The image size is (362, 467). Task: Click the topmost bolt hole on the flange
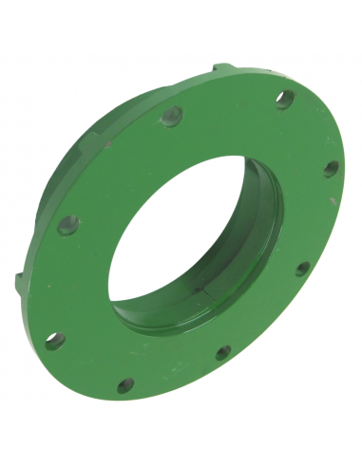click(x=283, y=99)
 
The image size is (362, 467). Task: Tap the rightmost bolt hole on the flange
click(x=330, y=169)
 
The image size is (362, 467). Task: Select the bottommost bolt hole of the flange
click(x=125, y=385)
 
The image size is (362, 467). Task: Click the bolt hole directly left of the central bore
click(x=67, y=226)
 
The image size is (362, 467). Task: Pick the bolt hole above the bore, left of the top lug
click(x=171, y=120)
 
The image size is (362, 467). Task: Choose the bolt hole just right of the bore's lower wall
click(x=301, y=269)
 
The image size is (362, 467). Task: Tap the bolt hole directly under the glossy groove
click(x=223, y=353)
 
